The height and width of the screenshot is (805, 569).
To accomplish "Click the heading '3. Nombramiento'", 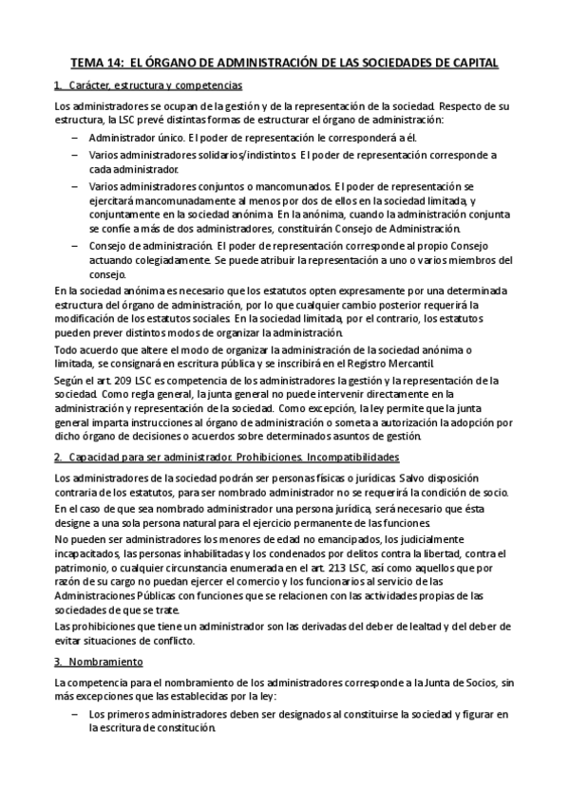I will (x=99, y=661).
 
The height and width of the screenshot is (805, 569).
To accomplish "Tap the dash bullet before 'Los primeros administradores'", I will (x=75, y=713).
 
